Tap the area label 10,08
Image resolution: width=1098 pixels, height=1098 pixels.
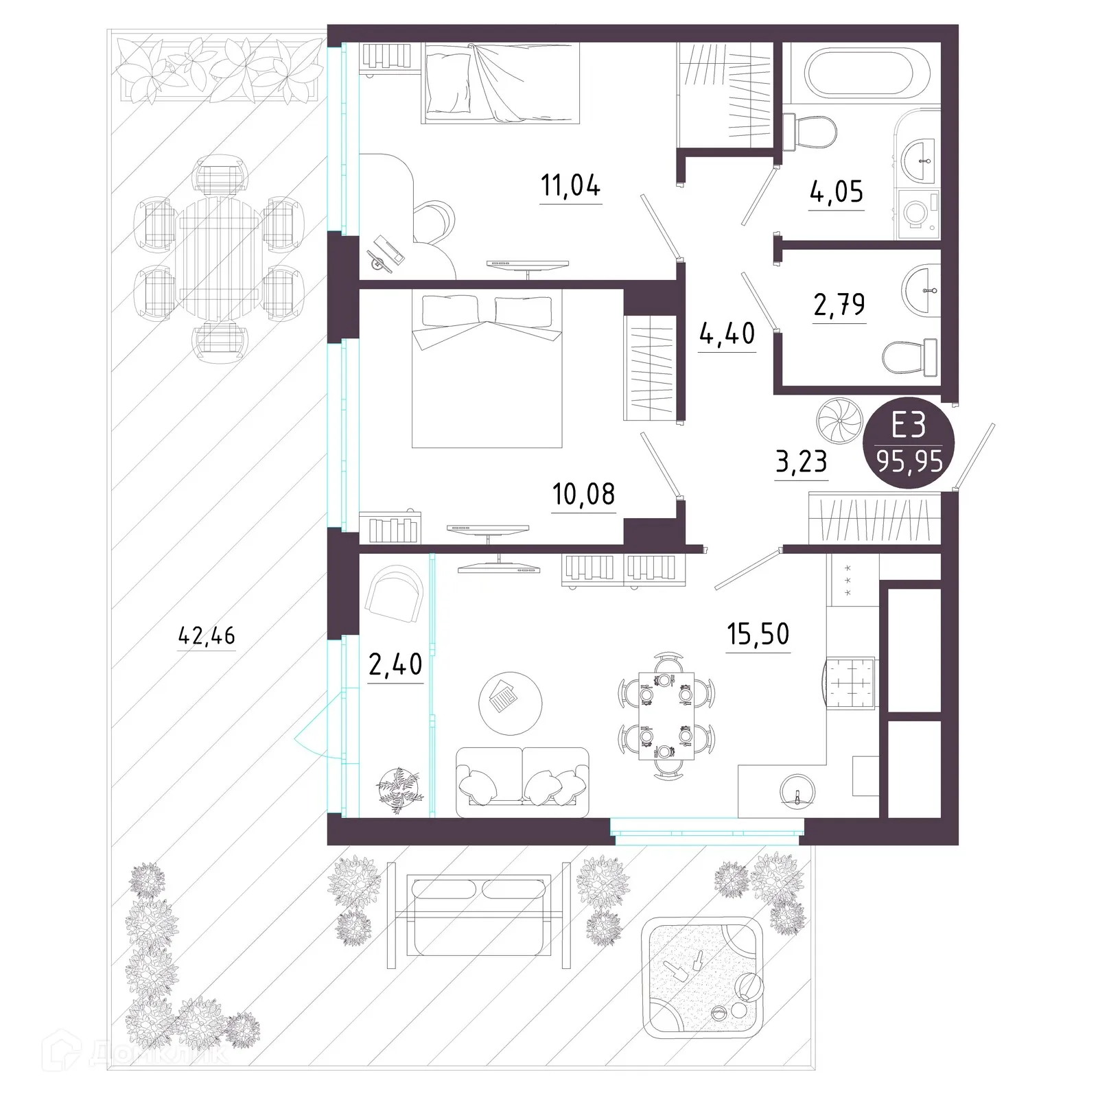(x=583, y=493)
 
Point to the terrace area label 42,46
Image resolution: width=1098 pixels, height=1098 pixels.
(x=206, y=635)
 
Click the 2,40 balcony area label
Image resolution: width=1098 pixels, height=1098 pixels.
(x=395, y=664)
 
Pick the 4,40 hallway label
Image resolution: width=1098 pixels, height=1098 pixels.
(x=727, y=334)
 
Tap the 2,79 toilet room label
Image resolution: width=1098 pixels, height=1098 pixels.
(x=839, y=304)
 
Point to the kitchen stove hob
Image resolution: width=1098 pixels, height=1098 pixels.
(x=851, y=684)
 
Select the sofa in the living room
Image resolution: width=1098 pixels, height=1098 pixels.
(x=522, y=782)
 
